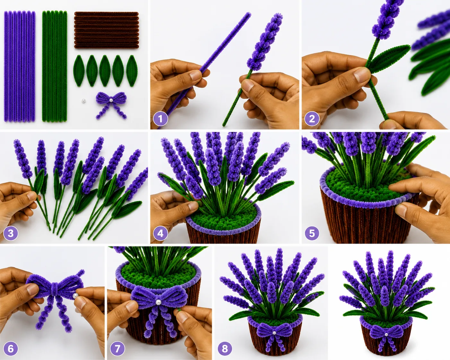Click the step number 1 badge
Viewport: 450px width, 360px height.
[x=160, y=119]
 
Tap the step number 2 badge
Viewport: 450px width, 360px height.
[x=312, y=119]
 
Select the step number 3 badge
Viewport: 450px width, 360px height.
[x=11, y=233]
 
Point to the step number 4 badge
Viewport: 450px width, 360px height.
[x=160, y=233]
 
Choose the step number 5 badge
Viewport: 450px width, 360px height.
[x=312, y=233]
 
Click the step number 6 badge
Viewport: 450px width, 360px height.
[x=11, y=348]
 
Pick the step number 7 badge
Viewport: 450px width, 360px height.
[x=117, y=348]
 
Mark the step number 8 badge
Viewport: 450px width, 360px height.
[x=225, y=348]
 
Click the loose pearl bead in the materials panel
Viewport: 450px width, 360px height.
[x=83, y=101]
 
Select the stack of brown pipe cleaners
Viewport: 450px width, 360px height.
[x=107, y=30]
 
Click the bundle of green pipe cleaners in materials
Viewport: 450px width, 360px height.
[x=55, y=66]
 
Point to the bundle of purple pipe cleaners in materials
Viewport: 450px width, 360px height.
[x=20, y=66]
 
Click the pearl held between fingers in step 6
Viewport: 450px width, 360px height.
[x=75, y=296]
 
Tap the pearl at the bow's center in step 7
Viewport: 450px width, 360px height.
[x=159, y=302]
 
